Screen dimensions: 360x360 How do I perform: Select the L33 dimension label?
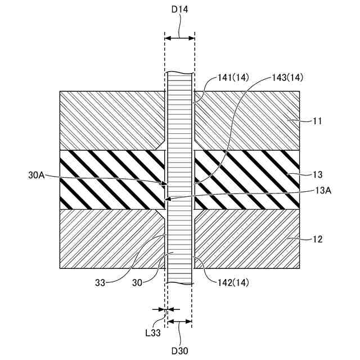coord(154,333)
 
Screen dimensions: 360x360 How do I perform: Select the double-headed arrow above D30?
coord(180,322)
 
